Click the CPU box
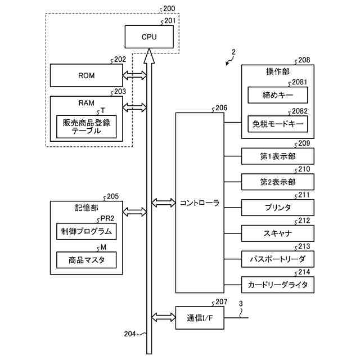coord(149,37)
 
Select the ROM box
coord(86,75)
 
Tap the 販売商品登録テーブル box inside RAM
coord(86,127)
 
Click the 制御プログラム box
coord(86,231)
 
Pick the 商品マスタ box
coord(86,260)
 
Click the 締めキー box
coord(278,95)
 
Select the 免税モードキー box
coord(278,124)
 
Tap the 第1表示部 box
coord(278,156)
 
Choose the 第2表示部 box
coord(278,182)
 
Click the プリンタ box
coord(278,208)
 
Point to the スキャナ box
coord(278,233)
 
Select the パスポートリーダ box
coord(278,259)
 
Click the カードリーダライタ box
coord(278,285)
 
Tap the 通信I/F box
coord(200,318)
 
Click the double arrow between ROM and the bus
coord(135,75)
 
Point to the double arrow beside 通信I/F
coord(164,317)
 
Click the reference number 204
coord(130,334)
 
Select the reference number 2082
coord(300,111)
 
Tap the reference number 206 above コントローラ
coord(221,108)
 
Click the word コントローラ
coord(200,203)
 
